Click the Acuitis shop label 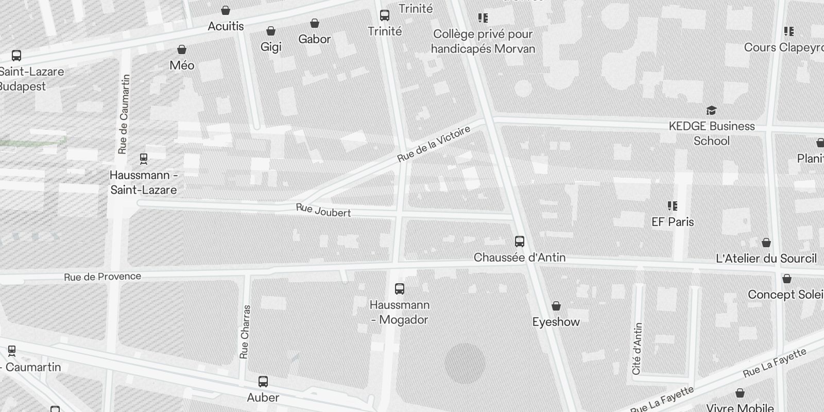(226, 26)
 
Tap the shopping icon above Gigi (270, 31)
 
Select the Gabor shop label (314, 39)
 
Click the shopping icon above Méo (182, 49)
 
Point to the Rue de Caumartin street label (124, 114)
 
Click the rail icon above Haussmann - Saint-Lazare (144, 159)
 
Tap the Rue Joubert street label (323, 211)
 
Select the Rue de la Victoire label (434, 144)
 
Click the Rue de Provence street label (102, 277)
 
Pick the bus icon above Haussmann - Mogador (399, 288)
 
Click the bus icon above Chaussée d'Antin (520, 241)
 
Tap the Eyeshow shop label (556, 322)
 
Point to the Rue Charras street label (245, 332)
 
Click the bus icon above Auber (263, 382)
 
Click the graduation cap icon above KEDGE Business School (711, 110)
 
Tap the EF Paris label (673, 222)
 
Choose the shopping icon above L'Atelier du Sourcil (766, 243)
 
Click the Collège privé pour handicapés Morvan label (483, 41)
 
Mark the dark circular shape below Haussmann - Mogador (465, 364)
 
